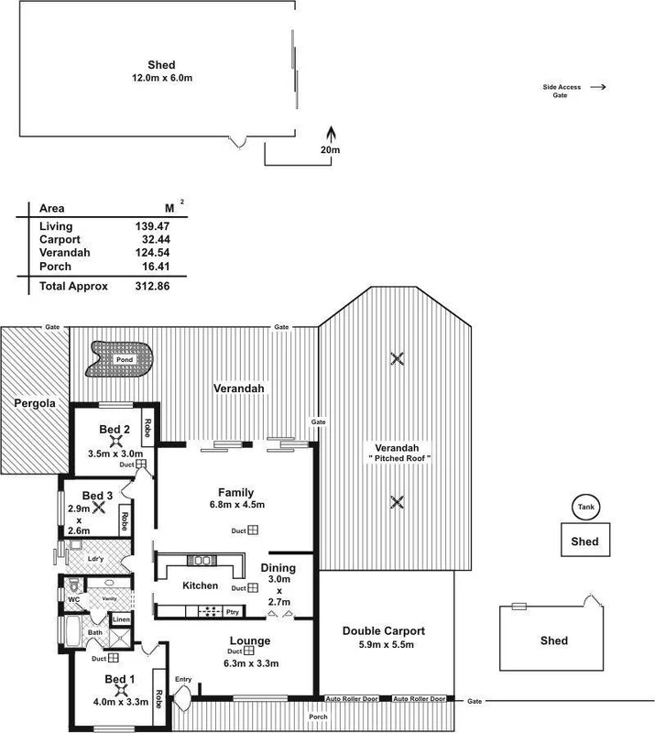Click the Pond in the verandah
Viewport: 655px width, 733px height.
tap(120, 359)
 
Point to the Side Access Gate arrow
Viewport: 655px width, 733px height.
tap(598, 88)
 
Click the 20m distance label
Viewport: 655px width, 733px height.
tap(330, 149)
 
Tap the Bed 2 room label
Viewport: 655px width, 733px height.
tap(114, 429)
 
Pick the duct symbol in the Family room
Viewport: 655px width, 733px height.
tap(251, 531)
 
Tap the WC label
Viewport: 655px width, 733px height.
tap(75, 600)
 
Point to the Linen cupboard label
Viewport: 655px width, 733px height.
tap(121, 620)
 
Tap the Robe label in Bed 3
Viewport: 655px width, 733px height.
tap(124, 520)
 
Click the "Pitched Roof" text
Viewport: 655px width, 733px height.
tap(398, 457)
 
